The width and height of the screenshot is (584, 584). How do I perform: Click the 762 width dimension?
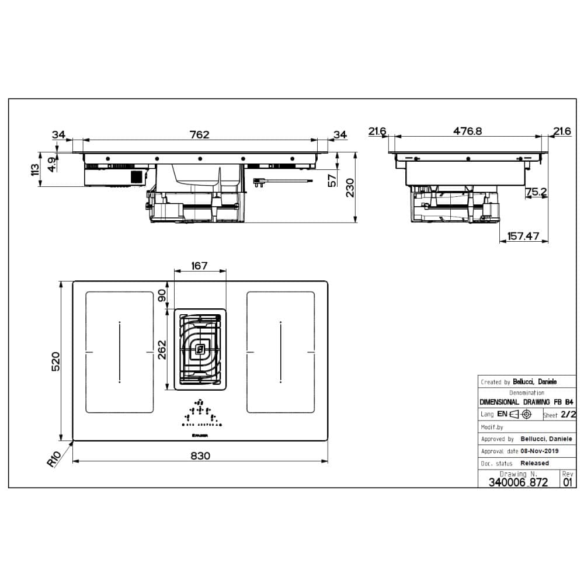(x=200, y=134)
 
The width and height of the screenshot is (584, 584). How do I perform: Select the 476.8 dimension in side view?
(x=467, y=131)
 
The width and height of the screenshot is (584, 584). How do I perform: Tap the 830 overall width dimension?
(x=200, y=456)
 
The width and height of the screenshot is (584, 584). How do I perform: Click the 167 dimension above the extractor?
(x=200, y=266)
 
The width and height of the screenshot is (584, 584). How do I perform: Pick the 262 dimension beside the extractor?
(x=163, y=350)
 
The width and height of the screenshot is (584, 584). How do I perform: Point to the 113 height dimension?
(x=35, y=170)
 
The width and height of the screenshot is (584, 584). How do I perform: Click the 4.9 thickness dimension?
(x=52, y=164)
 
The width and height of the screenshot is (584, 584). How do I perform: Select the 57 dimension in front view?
(x=332, y=180)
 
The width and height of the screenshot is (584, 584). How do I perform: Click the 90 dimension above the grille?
(x=163, y=296)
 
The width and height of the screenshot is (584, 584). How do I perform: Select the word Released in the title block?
(x=534, y=463)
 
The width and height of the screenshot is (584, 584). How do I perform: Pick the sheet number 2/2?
(x=568, y=415)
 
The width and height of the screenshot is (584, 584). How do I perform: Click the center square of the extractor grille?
(x=200, y=350)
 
